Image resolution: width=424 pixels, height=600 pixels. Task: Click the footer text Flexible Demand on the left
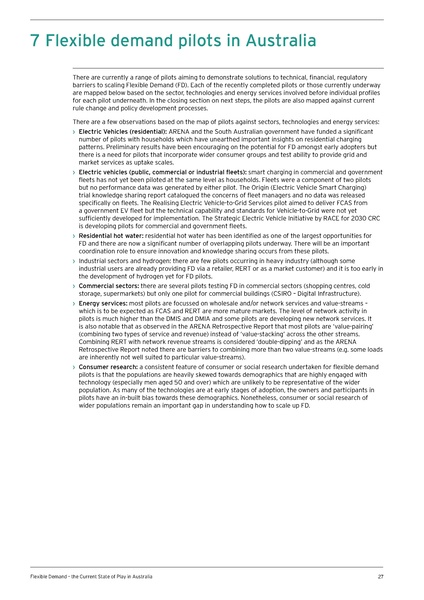(48, 577)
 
